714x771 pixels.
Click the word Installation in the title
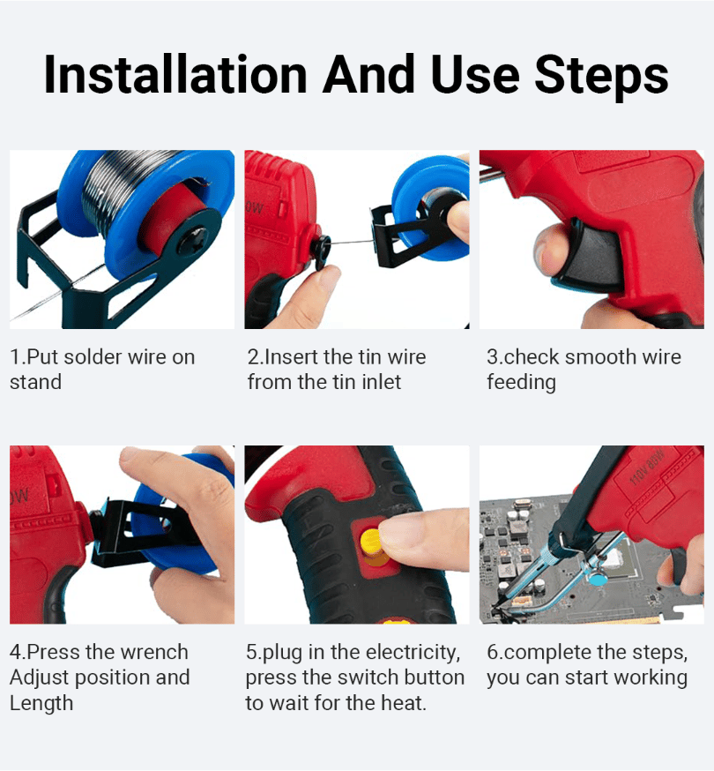(x=175, y=75)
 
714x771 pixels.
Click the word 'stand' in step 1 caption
(x=35, y=382)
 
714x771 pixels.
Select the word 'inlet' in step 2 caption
(x=382, y=382)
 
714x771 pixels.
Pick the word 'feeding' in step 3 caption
(x=521, y=383)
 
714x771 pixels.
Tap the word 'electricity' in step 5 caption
(x=413, y=653)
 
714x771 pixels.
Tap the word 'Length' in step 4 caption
(x=41, y=704)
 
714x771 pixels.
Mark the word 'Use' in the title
(x=475, y=75)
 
